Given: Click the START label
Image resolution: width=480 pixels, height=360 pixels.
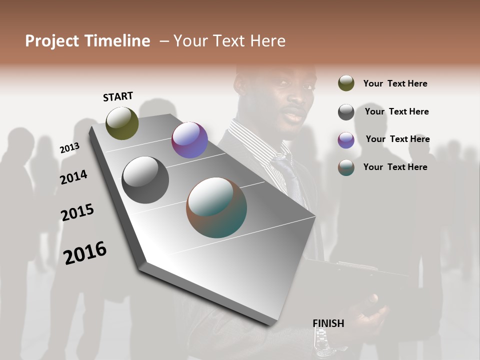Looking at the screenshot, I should pos(118,96).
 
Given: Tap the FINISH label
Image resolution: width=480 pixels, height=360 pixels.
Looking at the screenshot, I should pos(328,323).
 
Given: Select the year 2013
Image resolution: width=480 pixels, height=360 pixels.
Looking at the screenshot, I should pos(69,148).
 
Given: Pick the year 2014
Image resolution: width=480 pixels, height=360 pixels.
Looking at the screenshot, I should pos(73,177).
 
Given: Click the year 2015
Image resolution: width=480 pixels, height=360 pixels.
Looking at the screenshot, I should pos(77,212).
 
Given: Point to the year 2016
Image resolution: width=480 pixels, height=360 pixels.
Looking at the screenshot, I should pos(85,252).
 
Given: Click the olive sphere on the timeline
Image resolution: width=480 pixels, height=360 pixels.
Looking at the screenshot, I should pos(122,123).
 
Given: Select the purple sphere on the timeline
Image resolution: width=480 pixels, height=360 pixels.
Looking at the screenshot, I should pos(189,140).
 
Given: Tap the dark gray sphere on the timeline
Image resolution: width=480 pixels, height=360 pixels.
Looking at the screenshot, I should pos(145,180).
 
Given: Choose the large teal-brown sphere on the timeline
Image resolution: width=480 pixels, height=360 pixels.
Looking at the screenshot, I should pos(216,207).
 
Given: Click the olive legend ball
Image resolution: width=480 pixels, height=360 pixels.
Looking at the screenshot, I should pos(346,83).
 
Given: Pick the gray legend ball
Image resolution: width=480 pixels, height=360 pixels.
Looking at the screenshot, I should pos(346,112).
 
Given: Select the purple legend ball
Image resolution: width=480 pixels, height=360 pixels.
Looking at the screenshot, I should pos(346,140).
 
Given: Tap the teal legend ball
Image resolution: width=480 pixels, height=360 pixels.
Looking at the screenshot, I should pos(346,167).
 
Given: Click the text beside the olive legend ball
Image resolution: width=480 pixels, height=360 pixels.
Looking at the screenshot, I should pos(395,83).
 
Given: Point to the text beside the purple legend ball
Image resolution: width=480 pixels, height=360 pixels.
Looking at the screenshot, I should pos(397,139).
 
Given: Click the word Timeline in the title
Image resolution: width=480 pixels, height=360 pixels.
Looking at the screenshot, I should pos(116,41).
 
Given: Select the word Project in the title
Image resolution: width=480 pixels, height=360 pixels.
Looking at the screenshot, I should pos(52,41).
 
